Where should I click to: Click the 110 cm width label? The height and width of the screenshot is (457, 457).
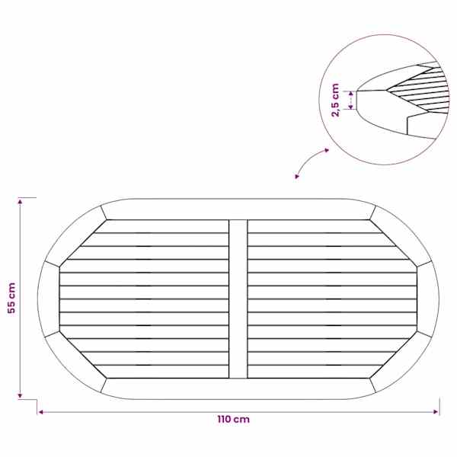234,420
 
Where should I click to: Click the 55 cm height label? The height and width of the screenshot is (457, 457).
11,298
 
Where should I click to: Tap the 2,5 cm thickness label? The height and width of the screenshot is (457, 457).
335,100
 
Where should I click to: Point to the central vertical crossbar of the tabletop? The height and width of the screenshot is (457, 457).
238,299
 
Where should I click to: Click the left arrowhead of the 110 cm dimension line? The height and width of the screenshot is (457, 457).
41,412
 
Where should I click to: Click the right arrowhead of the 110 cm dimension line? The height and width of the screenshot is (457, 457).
436,412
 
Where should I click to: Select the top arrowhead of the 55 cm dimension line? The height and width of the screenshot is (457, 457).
20,201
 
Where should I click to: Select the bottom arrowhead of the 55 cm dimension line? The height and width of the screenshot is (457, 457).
20,395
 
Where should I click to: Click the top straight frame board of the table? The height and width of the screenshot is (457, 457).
238,209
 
